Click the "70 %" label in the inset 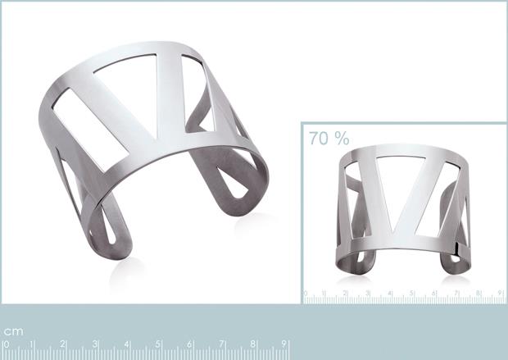point(329,138)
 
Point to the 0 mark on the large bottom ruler point(5,344)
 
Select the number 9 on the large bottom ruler point(283,344)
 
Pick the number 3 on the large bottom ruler point(96,344)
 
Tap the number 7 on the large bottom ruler point(222,344)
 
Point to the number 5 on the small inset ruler point(412,293)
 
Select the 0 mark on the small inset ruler point(306,293)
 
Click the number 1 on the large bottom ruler point(33,344)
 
